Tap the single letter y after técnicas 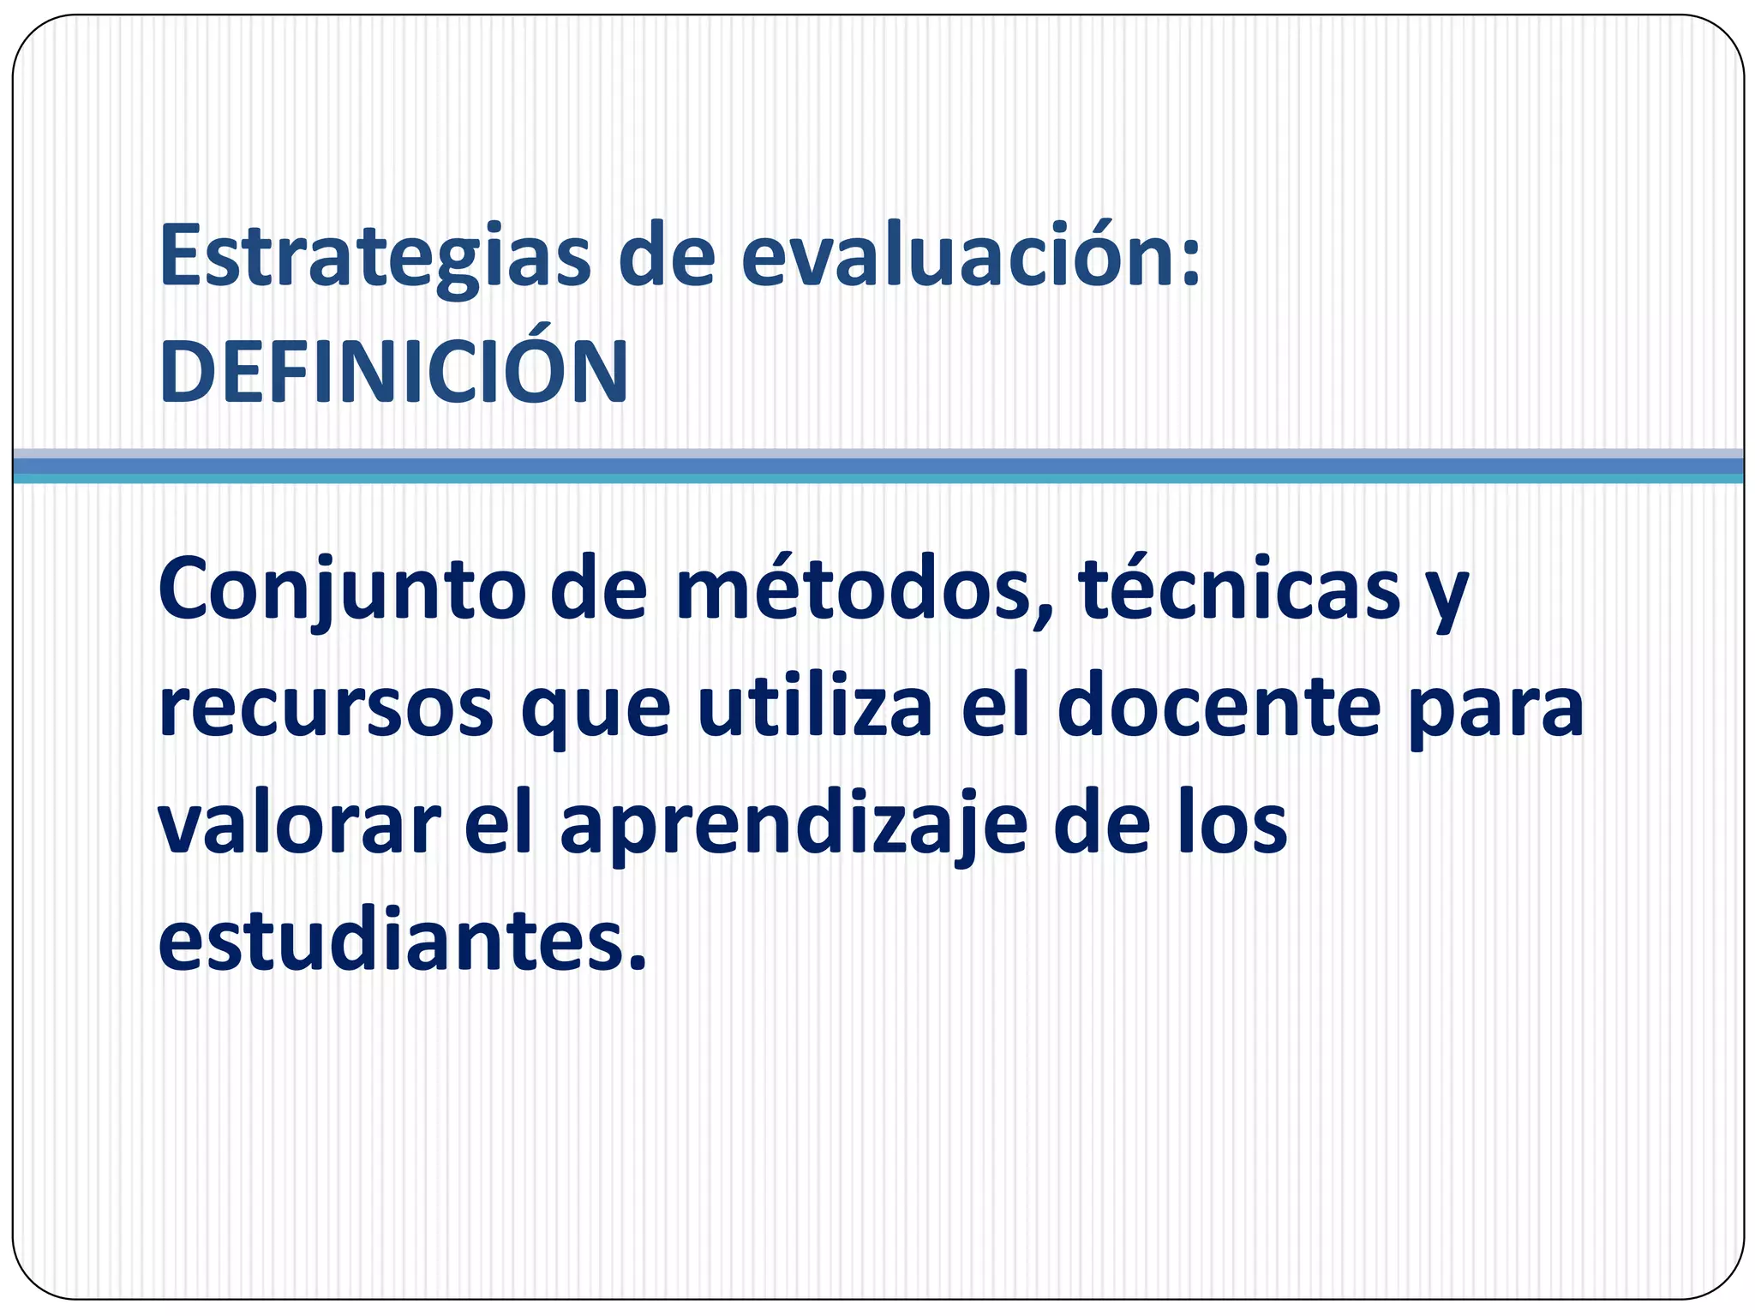(x=1448, y=600)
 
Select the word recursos (x=326, y=709)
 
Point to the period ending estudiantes (x=636, y=964)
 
